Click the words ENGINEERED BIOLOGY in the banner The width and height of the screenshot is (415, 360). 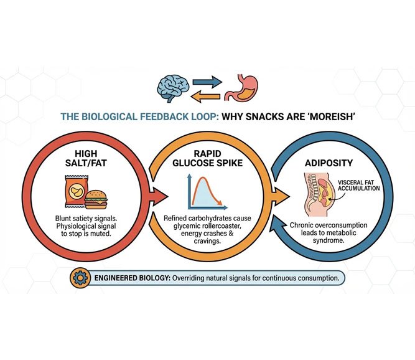[x=130, y=277]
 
